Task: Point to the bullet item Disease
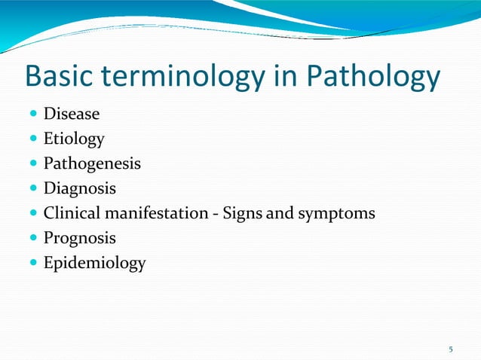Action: point(72,114)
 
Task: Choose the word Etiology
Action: point(74,139)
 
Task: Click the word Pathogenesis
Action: point(92,163)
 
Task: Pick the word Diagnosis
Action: point(80,188)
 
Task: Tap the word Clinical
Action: point(72,213)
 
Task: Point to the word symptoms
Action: point(335,213)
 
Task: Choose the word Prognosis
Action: point(80,238)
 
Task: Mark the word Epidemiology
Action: point(94,263)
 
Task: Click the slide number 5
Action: point(451,349)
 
